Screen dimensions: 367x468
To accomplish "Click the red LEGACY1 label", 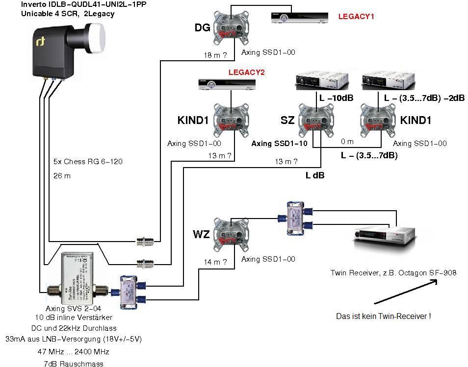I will [356, 17].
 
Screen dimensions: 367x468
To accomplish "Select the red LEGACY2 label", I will [246, 73].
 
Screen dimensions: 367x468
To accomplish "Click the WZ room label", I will [201, 234].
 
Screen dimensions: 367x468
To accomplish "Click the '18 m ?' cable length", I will [215, 56].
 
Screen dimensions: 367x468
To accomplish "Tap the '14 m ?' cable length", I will [215, 262].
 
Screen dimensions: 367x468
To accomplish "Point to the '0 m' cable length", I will [347, 142].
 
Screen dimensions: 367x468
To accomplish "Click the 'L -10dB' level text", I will [336, 98].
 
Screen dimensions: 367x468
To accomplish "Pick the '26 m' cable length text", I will [62, 175].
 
